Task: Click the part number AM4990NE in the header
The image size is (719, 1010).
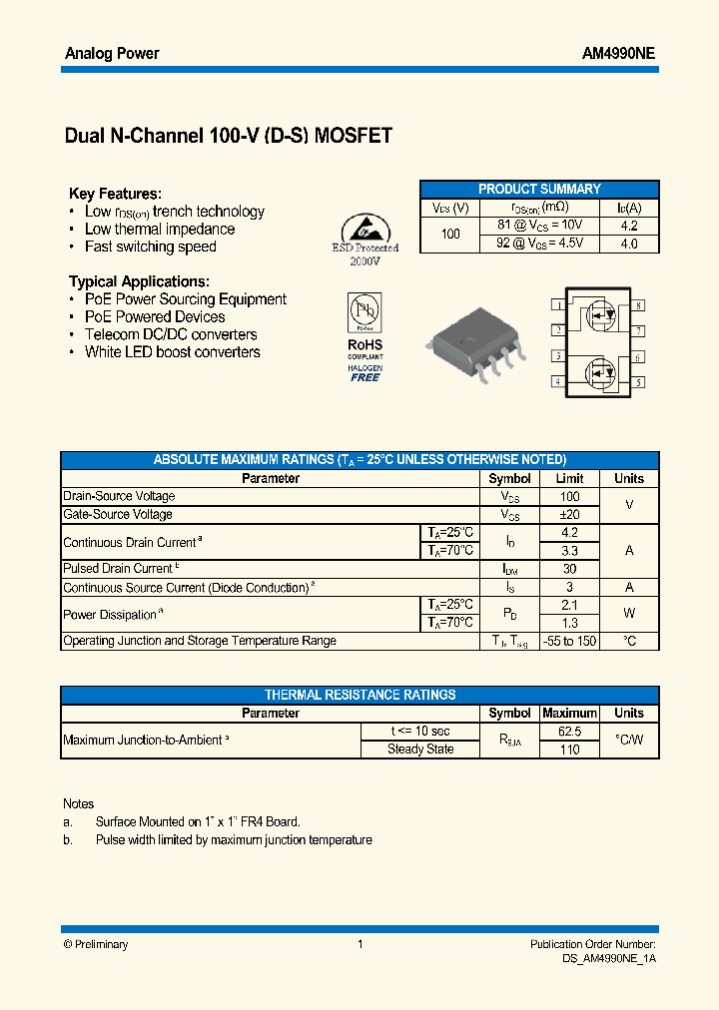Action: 618,54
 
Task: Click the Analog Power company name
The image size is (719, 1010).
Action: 112,54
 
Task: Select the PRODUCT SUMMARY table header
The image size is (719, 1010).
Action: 539,189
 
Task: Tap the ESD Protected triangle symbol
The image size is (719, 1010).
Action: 363,228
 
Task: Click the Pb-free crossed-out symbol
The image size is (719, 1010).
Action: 364,310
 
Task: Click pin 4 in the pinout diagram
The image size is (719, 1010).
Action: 557,382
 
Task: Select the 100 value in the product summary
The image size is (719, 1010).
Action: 450,235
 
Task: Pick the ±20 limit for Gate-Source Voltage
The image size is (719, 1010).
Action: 569,514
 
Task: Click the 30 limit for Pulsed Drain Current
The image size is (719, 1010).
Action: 569,568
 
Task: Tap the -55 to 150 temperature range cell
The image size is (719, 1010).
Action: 569,641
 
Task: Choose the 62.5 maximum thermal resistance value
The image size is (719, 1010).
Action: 569,732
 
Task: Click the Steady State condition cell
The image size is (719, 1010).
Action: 420,750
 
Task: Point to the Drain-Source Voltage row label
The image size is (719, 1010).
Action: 119,496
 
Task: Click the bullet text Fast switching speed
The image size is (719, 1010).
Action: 150,247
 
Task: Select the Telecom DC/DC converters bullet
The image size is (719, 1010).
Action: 171,334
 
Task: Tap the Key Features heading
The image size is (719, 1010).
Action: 115,194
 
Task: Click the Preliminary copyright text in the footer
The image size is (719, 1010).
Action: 96,944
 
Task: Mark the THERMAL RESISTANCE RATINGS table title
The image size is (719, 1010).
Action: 359,695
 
